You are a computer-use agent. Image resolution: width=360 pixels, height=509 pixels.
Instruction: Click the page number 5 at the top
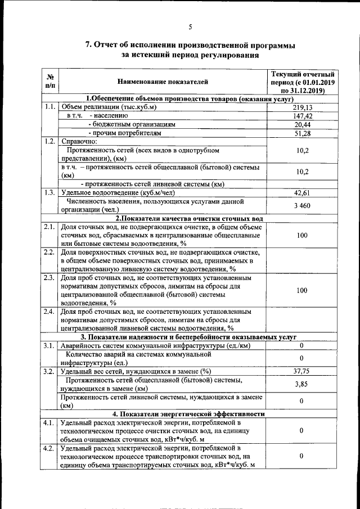coord(190,26)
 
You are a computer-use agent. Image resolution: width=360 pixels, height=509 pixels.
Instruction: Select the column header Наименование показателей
coord(163,82)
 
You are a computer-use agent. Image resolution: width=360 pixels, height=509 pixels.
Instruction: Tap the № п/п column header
coord(49,82)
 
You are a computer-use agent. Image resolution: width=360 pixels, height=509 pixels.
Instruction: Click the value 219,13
coord(303,107)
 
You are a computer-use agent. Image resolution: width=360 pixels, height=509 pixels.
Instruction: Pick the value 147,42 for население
coord(303,115)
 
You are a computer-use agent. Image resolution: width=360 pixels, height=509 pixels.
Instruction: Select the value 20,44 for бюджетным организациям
coord(303,124)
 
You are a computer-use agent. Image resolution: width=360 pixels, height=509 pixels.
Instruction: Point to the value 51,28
coord(303,133)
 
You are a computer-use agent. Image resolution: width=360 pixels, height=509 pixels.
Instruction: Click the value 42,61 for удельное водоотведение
coord(303,193)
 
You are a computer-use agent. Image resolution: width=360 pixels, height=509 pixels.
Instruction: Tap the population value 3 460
coord(303,206)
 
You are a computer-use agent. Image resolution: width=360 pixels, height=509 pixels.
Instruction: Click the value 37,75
coord(303,371)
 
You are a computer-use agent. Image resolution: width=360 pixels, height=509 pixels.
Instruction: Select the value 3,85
coord(303,384)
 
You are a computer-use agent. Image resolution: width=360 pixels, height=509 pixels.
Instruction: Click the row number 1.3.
coord(49,193)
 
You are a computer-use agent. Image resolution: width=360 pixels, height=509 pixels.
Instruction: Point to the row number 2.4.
coord(49,311)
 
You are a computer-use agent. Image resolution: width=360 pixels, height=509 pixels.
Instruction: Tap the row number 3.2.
coord(49,371)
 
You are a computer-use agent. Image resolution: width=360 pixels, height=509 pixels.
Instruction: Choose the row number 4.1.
coord(49,422)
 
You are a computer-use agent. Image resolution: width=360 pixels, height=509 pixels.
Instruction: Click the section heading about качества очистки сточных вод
coord(190,218)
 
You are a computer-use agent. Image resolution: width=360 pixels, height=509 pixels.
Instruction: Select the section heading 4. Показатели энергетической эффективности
coord(190,414)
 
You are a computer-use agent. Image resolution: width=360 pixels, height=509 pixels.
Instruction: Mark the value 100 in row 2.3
coord(303,290)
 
